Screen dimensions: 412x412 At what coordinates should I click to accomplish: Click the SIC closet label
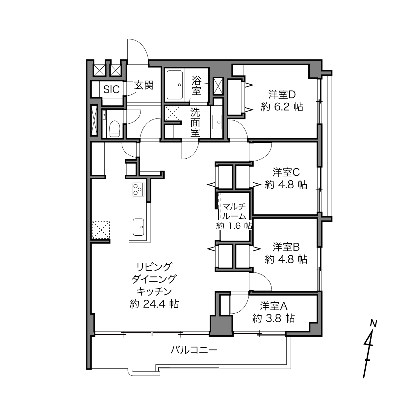click(x=112, y=90)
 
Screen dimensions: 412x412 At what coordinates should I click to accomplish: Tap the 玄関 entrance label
click(x=144, y=86)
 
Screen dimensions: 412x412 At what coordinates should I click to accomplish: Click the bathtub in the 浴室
click(x=175, y=85)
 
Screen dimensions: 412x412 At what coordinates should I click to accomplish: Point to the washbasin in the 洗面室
click(x=217, y=122)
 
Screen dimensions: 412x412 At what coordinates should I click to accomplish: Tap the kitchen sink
click(x=138, y=227)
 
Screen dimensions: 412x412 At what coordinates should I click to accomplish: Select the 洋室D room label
click(x=282, y=95)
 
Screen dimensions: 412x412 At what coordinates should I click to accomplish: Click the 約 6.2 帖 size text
click(x=282, y=107)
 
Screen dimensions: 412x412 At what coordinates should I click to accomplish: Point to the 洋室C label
click(x=286, y=172)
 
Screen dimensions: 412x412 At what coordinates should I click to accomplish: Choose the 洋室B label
click(x=286, y=247)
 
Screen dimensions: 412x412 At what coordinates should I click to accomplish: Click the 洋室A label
click(x=274, y=306)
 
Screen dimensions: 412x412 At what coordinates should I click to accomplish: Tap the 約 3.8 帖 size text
click(x=274, y=318)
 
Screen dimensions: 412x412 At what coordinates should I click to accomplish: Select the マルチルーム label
click(x=234, y=212)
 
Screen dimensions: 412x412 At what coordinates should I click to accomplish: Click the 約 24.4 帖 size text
click(x=154, y=304)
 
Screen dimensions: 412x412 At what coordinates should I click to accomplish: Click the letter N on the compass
click(x=374, y=324)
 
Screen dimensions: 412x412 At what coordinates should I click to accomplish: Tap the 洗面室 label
click(x=195, y=122)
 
